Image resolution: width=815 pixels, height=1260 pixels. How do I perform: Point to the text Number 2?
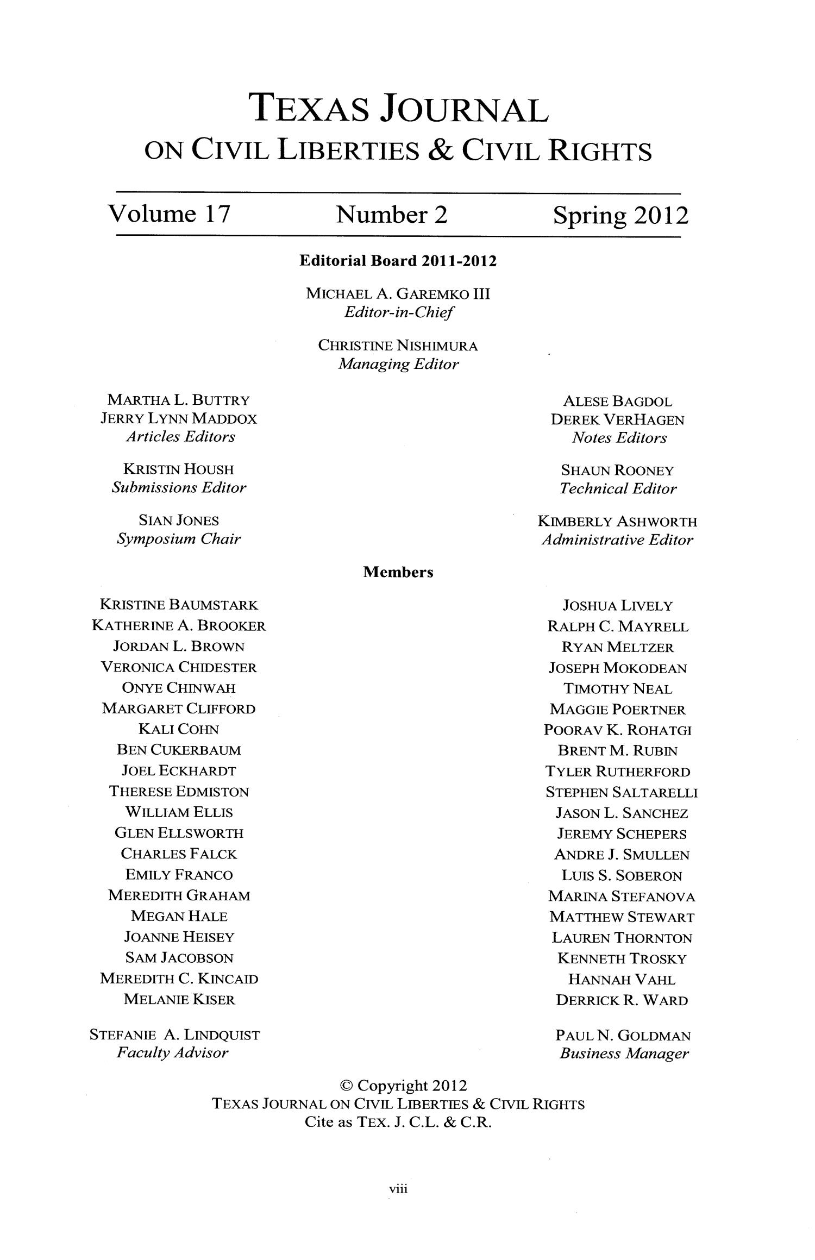392,215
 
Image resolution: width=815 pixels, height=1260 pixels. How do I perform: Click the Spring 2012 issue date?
620,216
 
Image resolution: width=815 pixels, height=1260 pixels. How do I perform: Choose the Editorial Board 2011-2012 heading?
398,262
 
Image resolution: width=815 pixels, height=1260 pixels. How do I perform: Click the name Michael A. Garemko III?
398,294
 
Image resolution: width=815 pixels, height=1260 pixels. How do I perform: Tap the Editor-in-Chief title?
398,313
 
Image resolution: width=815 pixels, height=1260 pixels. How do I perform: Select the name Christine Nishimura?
398,346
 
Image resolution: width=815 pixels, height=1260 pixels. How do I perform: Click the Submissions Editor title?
179,487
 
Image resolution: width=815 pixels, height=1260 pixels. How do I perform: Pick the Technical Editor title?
618,489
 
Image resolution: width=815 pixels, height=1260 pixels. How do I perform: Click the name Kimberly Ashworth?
617,522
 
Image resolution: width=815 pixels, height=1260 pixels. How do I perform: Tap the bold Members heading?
398,572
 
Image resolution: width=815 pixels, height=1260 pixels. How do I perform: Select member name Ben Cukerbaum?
179,750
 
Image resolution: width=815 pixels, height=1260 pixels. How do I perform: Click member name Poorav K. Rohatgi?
618,730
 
